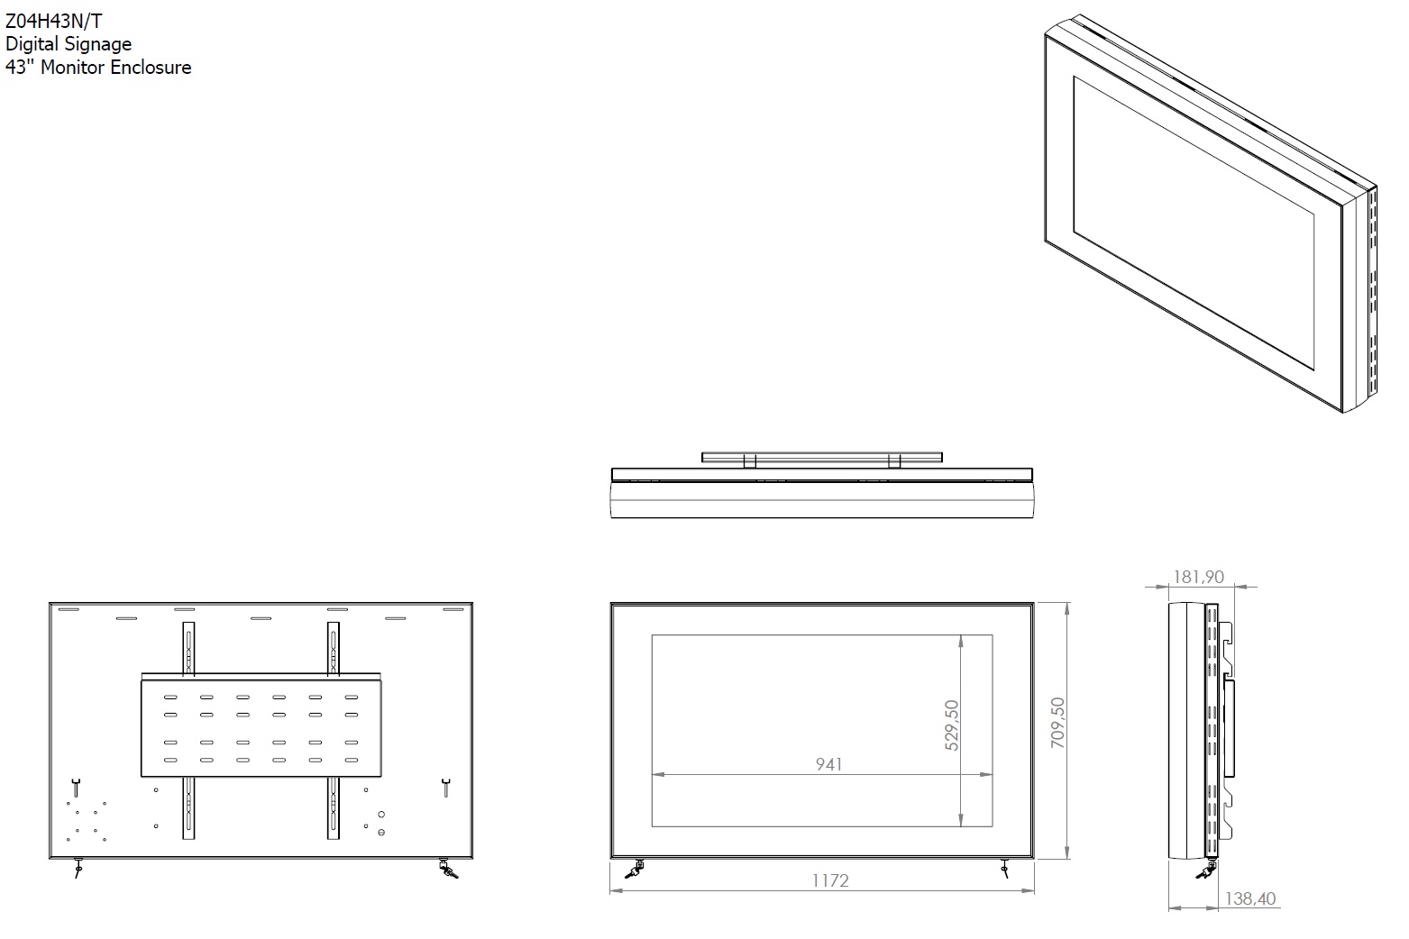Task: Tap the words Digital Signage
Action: pos(69,44)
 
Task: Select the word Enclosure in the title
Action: pos(151,68)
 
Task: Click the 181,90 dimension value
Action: pos(1198,577)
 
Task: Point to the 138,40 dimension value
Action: pos(1250,898)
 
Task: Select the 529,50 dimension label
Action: pos(951,725)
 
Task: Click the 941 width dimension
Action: pos(828,764)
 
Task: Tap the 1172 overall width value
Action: pos(829,880)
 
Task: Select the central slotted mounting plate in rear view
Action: pos(262,728)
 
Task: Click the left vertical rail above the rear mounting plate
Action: pos(188,647)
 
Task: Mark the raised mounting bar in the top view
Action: pos(821,457)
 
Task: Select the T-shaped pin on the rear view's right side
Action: pos(445,787)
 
